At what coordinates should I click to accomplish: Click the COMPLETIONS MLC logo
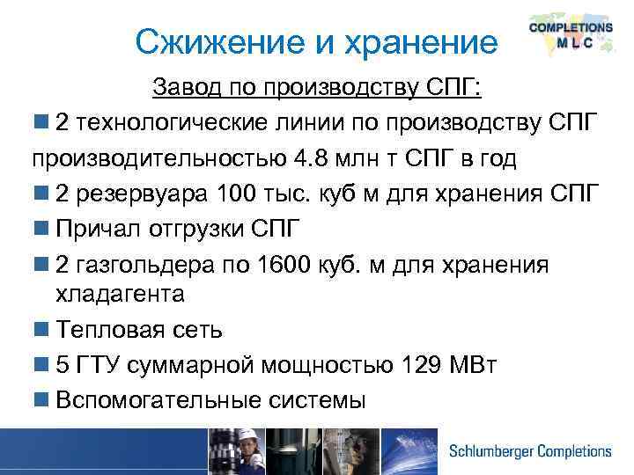(x=570, y=36)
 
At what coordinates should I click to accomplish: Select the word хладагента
(x=118, y=294)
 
